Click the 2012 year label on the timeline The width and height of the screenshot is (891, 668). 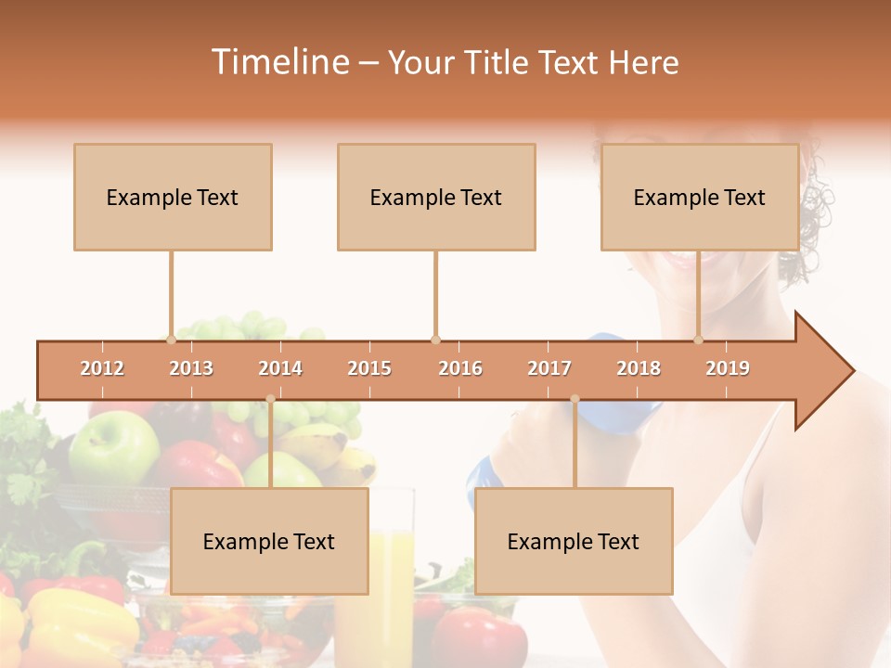[102, 368]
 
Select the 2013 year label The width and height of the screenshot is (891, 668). [191, 368]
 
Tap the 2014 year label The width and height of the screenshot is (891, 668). [280, 368]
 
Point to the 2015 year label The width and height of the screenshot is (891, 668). [369, 368]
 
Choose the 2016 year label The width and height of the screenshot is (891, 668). [460, 368]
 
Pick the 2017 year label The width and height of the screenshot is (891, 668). [549, 368]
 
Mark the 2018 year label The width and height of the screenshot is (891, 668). [639, 368]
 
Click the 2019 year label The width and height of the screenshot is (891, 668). [728, 368]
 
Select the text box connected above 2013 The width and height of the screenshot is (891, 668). [173, 197]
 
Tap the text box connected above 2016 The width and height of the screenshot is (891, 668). [436, 197]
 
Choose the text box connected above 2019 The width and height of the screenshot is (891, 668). [700, 197]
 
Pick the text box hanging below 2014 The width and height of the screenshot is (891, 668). [269, 541]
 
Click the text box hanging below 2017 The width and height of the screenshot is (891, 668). [574, 541]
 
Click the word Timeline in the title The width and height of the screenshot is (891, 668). [278, 62]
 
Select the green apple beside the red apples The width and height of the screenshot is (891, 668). [113, 447]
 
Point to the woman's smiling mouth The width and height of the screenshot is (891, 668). [687, 256]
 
